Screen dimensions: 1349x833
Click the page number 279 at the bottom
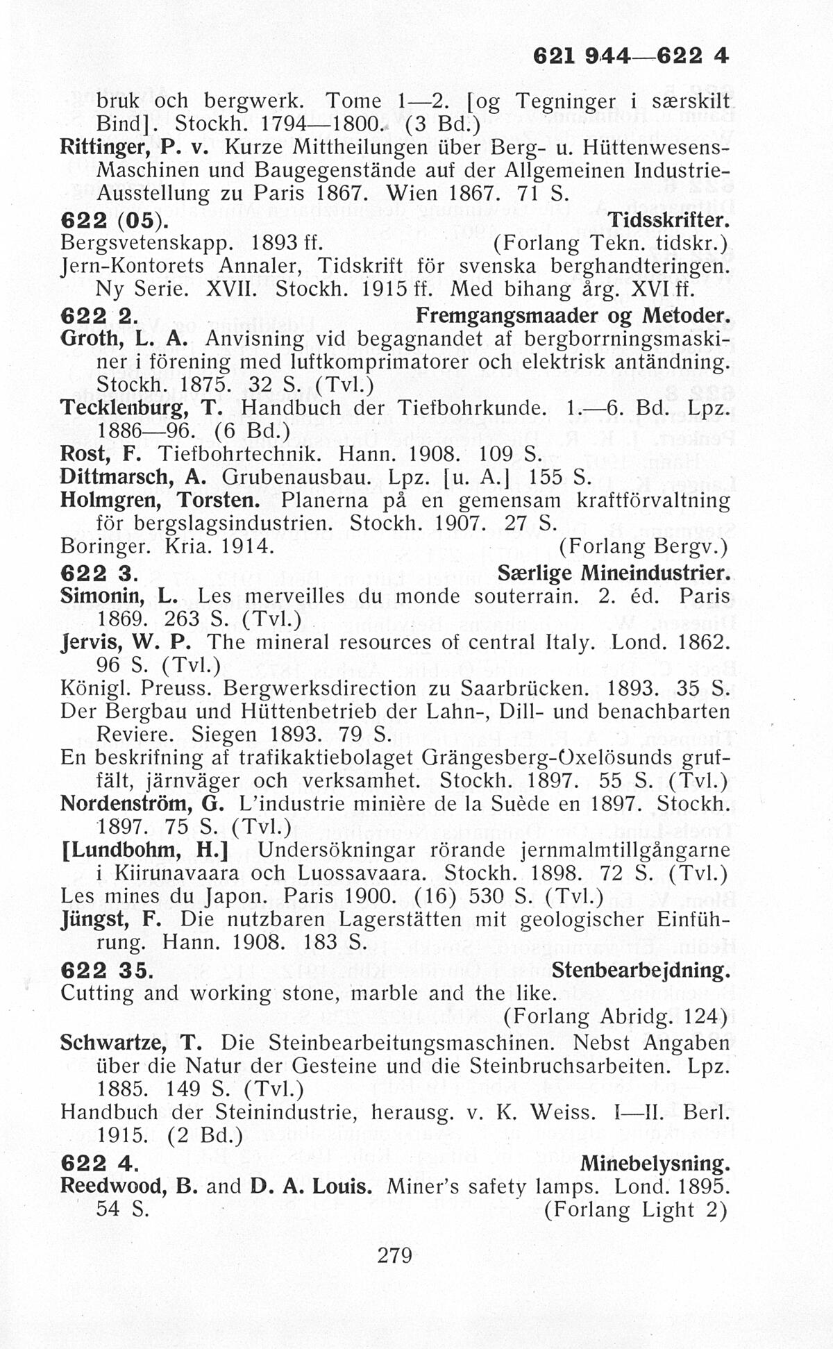pyautogui.click(x=394, y=1255)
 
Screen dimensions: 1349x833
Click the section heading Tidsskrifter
pyautogui.click(x=668, y=221)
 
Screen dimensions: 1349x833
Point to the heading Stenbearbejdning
pyautogui.click(x=641, y=969)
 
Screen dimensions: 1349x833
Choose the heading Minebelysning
pyautogui.click(x=655, y=1163)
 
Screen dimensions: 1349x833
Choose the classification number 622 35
pyautogui.click(x=106, y=970)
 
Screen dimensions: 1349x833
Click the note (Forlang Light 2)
pyautogui.click(x=634, y=1209)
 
